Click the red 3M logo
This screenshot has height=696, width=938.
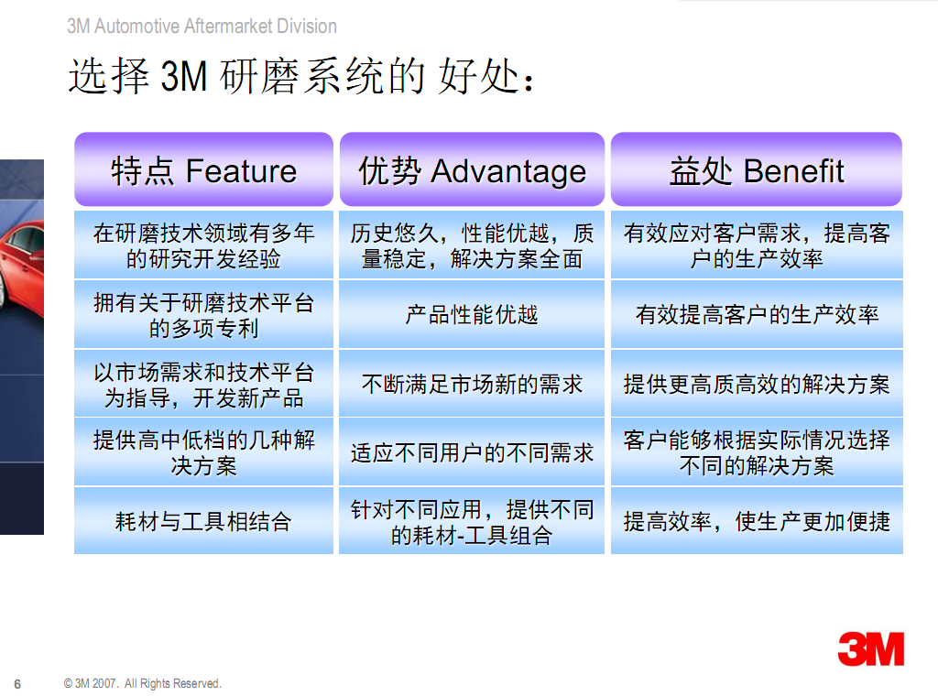click(871, 648)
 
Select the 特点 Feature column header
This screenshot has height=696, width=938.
click(203, 169)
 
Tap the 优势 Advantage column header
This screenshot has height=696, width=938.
click(472, 169)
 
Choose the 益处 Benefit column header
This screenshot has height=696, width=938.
click(756, 169)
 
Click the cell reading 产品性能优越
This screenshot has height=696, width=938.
click(472, 314)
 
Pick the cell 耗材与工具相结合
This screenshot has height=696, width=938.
click(203, 521)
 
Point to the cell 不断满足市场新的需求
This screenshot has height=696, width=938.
click(472, 384)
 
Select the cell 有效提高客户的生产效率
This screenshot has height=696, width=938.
click(757, 314)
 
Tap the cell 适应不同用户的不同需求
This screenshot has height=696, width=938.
click(472, 452)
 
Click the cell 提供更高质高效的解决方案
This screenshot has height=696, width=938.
click(757, 384)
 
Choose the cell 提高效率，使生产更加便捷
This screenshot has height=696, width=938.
click(757, 521)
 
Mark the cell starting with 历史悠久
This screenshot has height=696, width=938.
click(472, 245)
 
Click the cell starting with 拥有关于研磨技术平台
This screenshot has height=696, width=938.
click(203, 314)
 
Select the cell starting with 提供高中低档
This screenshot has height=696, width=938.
click(203, 452)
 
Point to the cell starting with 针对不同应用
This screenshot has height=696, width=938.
click(472, 521)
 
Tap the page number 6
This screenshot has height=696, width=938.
click(17, 684)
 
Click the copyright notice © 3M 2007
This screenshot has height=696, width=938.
click(142, 683)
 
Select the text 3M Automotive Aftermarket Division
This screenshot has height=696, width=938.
click(202, 27)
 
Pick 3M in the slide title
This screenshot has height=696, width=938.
click(183, 77)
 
